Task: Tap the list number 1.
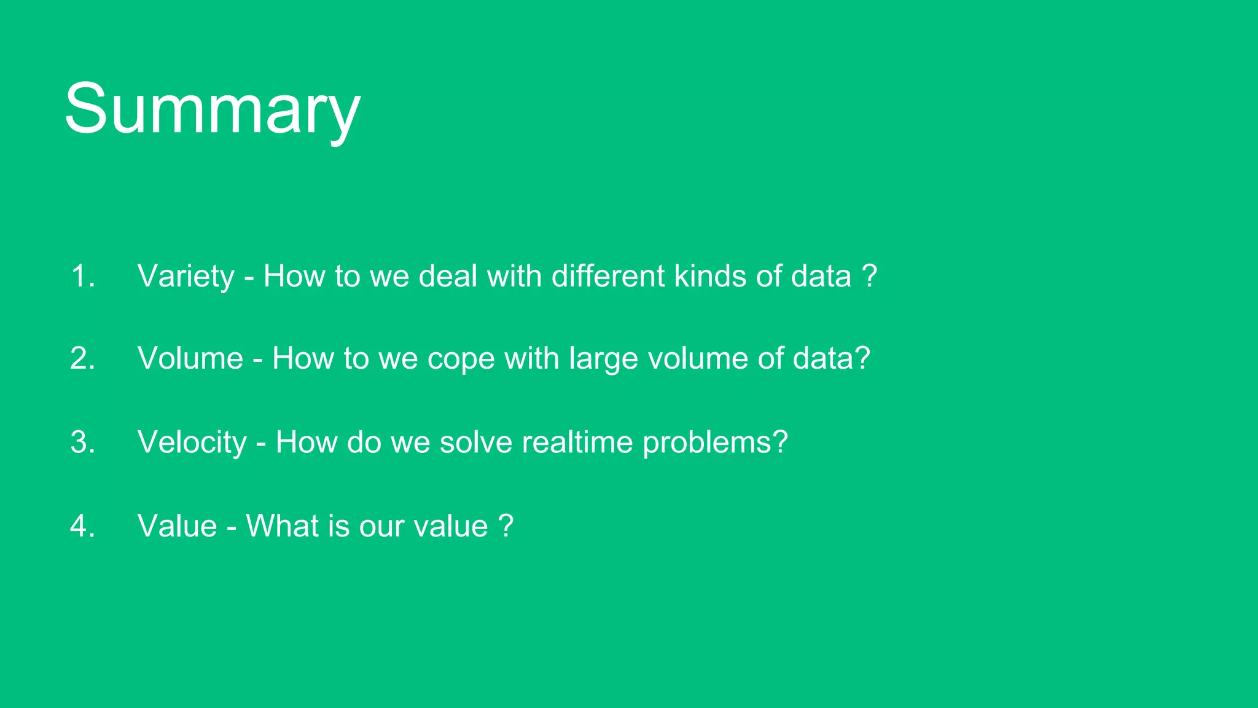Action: click(x=82, y=276)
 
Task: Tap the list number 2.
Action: click(x=82, y=358)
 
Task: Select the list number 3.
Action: click(x=82, y=442)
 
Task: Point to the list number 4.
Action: click(x=82, y=526)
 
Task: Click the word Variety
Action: click(x=186, y=276)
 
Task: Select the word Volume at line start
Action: click(x=190, y=358)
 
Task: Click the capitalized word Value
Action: click(x=177, y=526)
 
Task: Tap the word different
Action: click(x=608, y=276)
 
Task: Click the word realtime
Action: click(x=577, y=442)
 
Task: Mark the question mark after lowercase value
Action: click(x=506, y=526)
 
